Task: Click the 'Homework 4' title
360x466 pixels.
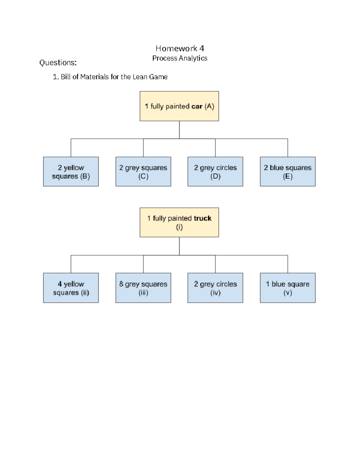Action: click(x=180, y=48)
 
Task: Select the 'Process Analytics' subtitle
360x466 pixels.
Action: click(x=180, y=58)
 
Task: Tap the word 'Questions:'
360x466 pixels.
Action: click(x=58, y=63)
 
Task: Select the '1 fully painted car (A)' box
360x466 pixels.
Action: click(x=179, y=106)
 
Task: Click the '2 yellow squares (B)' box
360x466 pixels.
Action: click(x=71, y=172)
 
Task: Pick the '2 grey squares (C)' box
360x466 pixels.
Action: click(x=143, y=172)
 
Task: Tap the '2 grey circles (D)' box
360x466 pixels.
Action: click(x=215, y=172)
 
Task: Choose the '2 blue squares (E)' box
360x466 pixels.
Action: click(x=287, y=172)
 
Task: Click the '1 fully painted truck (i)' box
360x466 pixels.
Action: click(x=179, y=222)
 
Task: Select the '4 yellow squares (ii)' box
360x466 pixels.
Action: click(x=71, y=288)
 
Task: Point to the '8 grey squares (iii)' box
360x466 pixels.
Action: click(x=143, y=288)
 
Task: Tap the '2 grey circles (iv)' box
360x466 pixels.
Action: click(x=215, y=288)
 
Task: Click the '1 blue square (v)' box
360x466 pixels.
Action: click(x=287, y=288)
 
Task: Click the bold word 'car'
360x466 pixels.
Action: click(x=197, y=107)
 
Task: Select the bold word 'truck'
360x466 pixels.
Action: click(x=202, y=218)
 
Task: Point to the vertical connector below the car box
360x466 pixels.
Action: click(x=179, y=130)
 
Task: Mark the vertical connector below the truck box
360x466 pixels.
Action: click(x=179, y=246)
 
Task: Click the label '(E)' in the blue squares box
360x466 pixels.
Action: click(x=287, y=176)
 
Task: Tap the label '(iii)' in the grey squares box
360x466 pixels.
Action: click(x=143, y=293)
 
